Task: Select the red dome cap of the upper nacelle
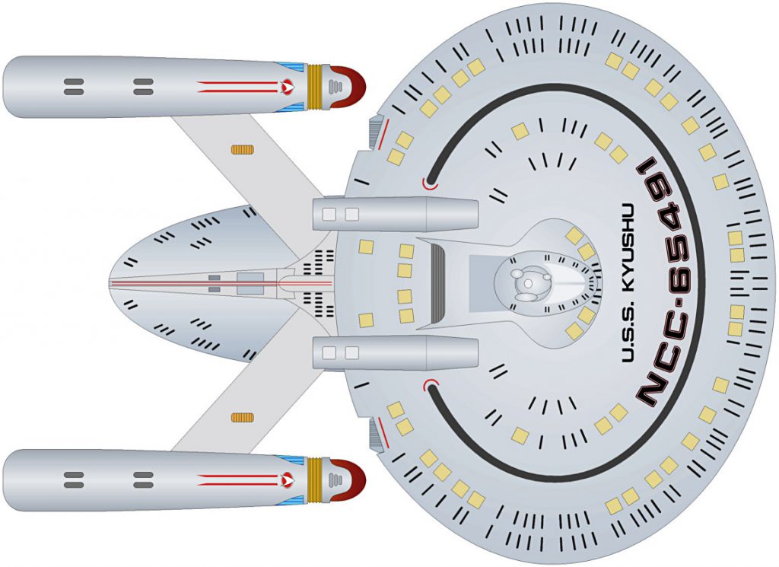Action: (350, 87)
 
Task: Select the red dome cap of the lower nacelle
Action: (350, 480)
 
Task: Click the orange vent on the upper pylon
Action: (243, 149)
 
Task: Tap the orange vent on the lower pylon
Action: (243, 417)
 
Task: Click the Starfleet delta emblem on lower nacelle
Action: (287, 480)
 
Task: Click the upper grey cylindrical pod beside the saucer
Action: (395, 214)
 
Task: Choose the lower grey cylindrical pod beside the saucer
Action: (395, 353)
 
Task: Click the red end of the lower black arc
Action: (431, 384)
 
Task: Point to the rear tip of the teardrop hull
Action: (110, 284)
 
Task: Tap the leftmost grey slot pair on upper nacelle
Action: (74, 87)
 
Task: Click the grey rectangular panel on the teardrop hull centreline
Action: (250, 283)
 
